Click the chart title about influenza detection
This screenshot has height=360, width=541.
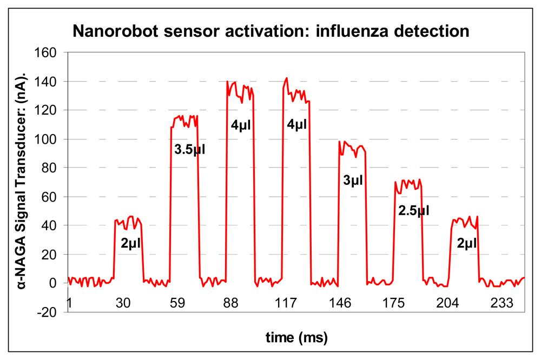point(270,31)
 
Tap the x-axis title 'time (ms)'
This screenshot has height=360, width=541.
point(296,338)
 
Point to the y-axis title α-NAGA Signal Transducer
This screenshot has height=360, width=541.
point(25,178)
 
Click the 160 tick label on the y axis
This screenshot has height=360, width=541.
point(48,52)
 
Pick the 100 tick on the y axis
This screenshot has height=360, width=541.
point(48,139)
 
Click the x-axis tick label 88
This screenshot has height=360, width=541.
point(231,303)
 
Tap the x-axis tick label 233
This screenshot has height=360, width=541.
point(502,303)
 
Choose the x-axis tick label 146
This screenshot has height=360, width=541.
point(339,303)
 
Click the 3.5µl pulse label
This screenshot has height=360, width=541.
point(189,149)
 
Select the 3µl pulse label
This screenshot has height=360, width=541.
point(353,181)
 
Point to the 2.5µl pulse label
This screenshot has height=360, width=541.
point(413,210)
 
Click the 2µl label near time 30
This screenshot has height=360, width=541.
point(130,243)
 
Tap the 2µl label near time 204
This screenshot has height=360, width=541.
point(466,243)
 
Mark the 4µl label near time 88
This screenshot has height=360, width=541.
point(241,125)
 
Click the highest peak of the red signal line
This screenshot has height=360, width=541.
point(287,78)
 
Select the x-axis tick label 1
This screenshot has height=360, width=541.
point(69,303)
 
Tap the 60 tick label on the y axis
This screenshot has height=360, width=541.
point(50,197)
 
